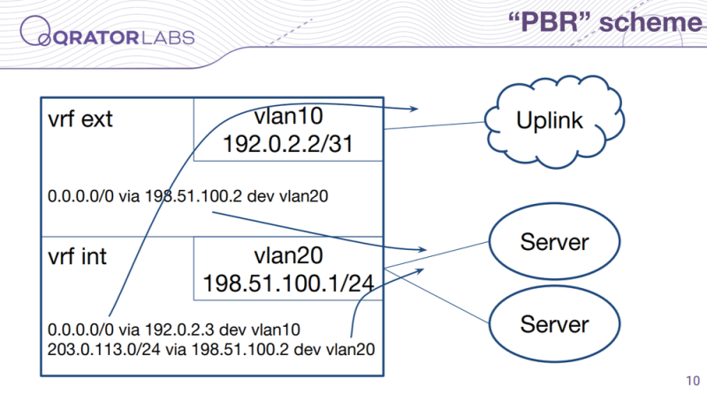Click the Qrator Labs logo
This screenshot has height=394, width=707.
click(107, 32)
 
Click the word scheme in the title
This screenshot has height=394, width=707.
click(650, 22)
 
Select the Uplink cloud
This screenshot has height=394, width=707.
click(554, 122)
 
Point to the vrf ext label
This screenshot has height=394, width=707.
click(80, 119)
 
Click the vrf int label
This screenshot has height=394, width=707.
click(77, 257)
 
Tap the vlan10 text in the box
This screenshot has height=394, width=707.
click(289, 117)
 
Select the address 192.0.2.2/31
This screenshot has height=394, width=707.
click(288, 144)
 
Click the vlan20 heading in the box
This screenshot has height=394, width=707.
click(289, 255)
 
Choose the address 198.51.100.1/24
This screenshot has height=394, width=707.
click(289, 284)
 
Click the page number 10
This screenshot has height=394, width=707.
click(693, 381)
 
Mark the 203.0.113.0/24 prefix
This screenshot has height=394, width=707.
click(103, 349)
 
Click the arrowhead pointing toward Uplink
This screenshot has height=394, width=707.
click(414, 109)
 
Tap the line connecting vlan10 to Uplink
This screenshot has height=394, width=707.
click(434, 125)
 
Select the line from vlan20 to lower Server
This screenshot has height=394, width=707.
click(437, 296)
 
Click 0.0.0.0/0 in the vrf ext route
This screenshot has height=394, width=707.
click(80, 196)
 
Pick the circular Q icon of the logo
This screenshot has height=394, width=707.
click(35, 31)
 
